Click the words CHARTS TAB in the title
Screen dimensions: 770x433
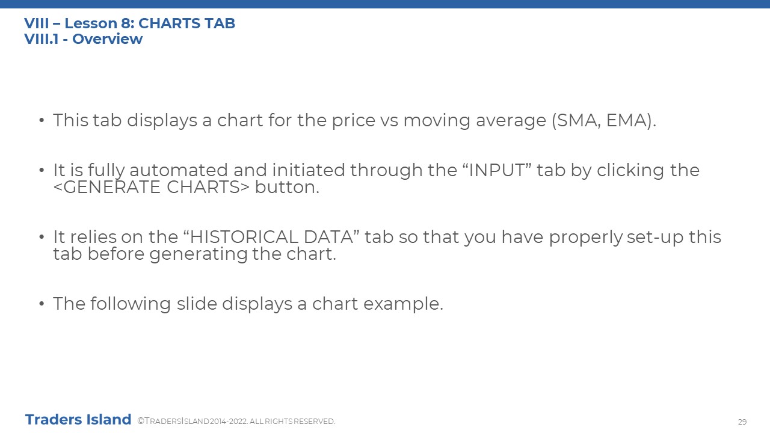point(186,23)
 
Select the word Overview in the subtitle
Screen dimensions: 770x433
point(107,39)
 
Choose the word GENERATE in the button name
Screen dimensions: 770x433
point(112,187)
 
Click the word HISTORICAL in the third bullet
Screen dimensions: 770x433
point(244,237)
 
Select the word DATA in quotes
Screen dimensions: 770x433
point(328,237)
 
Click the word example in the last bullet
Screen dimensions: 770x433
point(403,304)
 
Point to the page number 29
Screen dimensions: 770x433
point(742,422)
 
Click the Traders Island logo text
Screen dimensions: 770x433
point(78,420)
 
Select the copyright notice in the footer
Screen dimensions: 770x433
point(236,421)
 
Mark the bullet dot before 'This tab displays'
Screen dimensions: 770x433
point(42,120)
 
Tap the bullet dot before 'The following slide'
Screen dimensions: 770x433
point(42,304)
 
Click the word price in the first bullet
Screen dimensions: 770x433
point(353,121)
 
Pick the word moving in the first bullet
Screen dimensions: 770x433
point(437,121)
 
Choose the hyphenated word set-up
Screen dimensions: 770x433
point(655,238)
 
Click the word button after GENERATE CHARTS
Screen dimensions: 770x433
point(287,187)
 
